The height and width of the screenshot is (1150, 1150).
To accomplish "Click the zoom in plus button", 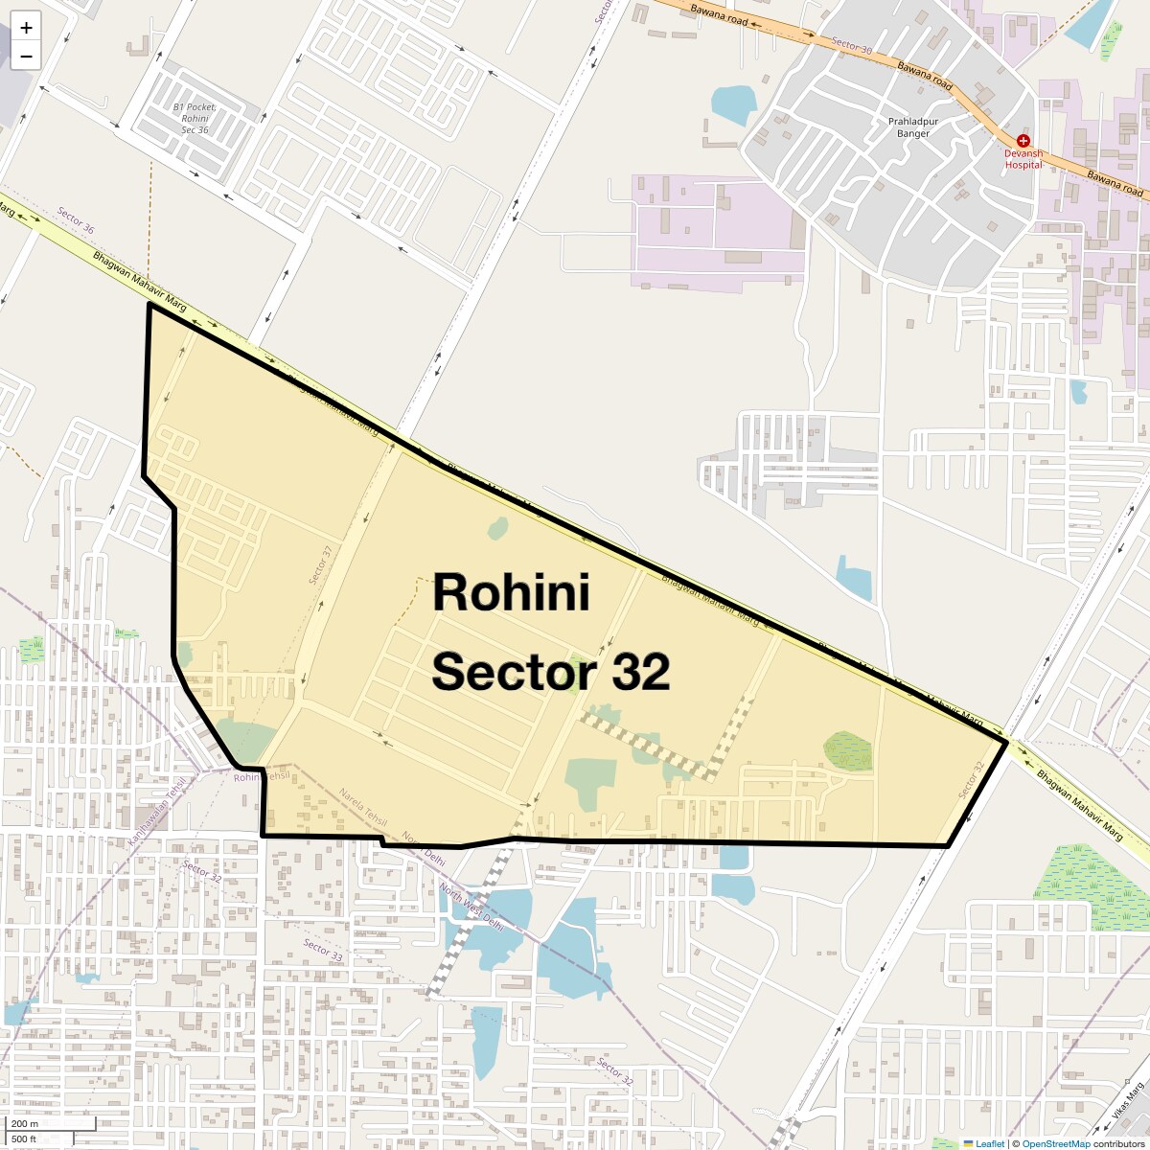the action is (26, 28).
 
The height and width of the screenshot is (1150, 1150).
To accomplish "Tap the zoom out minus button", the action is (26, 56).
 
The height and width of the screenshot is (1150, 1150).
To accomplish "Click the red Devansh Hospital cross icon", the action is (1023, 141).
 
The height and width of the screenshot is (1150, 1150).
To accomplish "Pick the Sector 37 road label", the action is (320, 565).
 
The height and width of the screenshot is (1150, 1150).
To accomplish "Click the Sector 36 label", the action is (76, 220).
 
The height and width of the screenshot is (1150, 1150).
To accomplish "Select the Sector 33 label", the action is (323, 950).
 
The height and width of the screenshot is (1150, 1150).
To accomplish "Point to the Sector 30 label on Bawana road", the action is (852, 47).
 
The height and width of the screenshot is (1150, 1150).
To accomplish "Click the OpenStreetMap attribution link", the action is (1055, 1143).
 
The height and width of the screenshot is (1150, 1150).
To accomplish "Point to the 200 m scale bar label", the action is (26, 1124).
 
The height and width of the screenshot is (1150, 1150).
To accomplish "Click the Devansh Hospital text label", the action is (1023, 159).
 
